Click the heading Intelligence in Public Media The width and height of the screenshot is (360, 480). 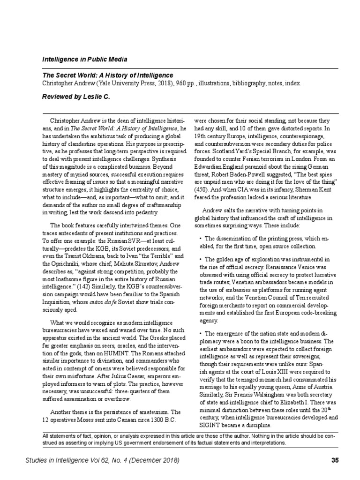pos(84,60)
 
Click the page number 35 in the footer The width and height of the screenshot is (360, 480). pos(335,461)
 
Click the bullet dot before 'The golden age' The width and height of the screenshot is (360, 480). pos(201,259)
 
